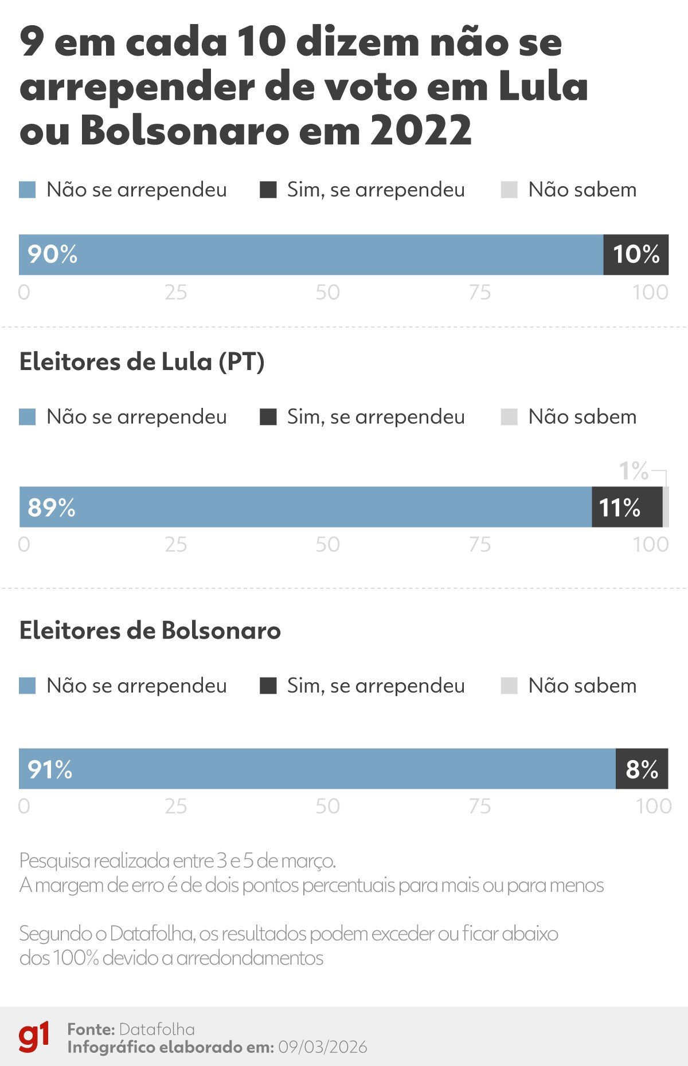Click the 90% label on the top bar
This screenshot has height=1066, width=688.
click(52, 254)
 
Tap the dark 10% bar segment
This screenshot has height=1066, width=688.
click(636, 254)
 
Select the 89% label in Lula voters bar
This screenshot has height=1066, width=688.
click(52, 508)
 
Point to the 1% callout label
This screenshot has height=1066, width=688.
click(634, 471)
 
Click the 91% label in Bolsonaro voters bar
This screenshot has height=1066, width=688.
click(50, 769)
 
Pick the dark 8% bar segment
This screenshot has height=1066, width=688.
click(642, 769)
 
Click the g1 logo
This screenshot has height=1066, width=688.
click(34, 1037)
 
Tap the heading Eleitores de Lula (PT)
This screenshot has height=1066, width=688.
click(142, 362)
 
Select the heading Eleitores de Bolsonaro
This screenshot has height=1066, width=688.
click(150, 631)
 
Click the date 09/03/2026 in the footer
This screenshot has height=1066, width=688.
click(322, 1048)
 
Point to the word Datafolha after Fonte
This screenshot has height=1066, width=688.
click(157, 1029)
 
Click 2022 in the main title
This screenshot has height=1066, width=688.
click(421, 131)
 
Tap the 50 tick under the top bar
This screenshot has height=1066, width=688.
click(327, 293)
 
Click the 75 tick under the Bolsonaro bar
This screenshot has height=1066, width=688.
click(480, 807)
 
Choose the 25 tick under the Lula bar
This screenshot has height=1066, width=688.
click(175, 545)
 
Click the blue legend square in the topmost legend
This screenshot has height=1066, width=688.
click(28, 190)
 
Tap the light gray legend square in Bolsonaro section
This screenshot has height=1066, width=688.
click(509, 686)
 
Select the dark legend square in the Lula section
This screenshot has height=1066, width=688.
click(268, 417)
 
